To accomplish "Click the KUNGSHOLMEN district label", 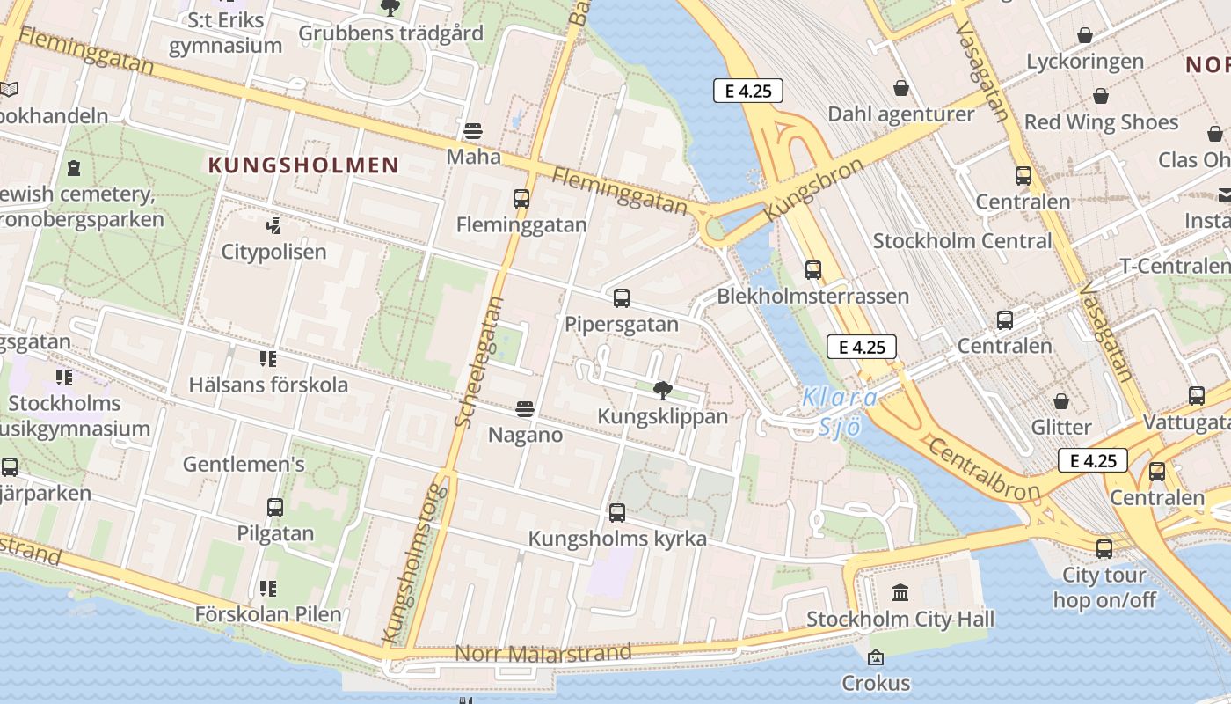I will [303, 165].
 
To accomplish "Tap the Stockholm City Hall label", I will [900, 620].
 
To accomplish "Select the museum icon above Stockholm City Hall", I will [900, 592].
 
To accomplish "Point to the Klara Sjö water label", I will [840, 412].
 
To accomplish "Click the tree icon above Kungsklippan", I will [663, 390].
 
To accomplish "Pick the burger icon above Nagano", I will [525, 409].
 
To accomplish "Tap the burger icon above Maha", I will [473, 131].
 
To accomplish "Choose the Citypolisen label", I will [273, 253].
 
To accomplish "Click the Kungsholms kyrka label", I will [617, 539].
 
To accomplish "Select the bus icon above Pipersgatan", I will [622, 298].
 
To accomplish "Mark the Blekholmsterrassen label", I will [812, 296].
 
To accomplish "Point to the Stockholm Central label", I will [962, 241].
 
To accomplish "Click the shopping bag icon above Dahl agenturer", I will [901, 88].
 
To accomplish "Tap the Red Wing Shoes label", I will [1101, 122].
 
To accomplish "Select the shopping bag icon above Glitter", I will [1061, 402].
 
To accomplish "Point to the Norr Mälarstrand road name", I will [543, 654].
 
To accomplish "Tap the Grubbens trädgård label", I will [390, 33].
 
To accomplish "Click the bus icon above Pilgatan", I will [275, 508].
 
